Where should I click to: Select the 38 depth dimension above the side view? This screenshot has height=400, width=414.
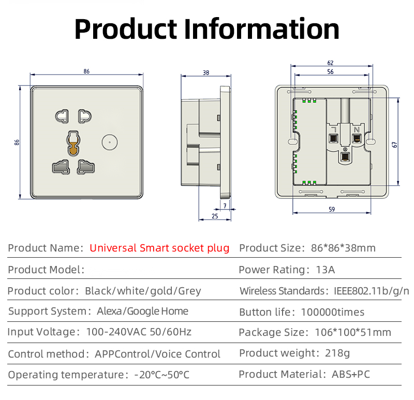(x=206, y=73)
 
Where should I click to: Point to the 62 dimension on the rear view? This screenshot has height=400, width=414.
(x=331, y=63)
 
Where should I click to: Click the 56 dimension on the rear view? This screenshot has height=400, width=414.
(x=331, y=72)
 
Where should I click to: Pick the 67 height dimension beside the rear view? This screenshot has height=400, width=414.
(x=395, y=145)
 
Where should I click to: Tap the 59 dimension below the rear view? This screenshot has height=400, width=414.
(x=332, y=210)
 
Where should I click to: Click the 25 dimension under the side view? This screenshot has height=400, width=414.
(x=215, y=216)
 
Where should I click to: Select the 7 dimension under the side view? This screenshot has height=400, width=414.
(x=225, y=206)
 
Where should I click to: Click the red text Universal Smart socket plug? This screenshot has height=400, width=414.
(x=159, y=248)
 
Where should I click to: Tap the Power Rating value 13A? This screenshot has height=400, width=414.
(x=325, y=270)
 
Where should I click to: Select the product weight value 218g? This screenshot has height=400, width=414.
(x=337, y=353)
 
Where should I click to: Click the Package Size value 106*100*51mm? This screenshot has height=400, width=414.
(x=352, y=332)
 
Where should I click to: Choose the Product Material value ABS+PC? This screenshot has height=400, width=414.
(x=351, y=374)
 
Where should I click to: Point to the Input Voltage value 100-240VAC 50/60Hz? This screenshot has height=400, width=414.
(x=138, y=332)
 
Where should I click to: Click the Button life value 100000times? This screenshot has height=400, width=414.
(x=333, y=312)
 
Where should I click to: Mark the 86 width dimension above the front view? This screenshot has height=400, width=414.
(x=86, y=71)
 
